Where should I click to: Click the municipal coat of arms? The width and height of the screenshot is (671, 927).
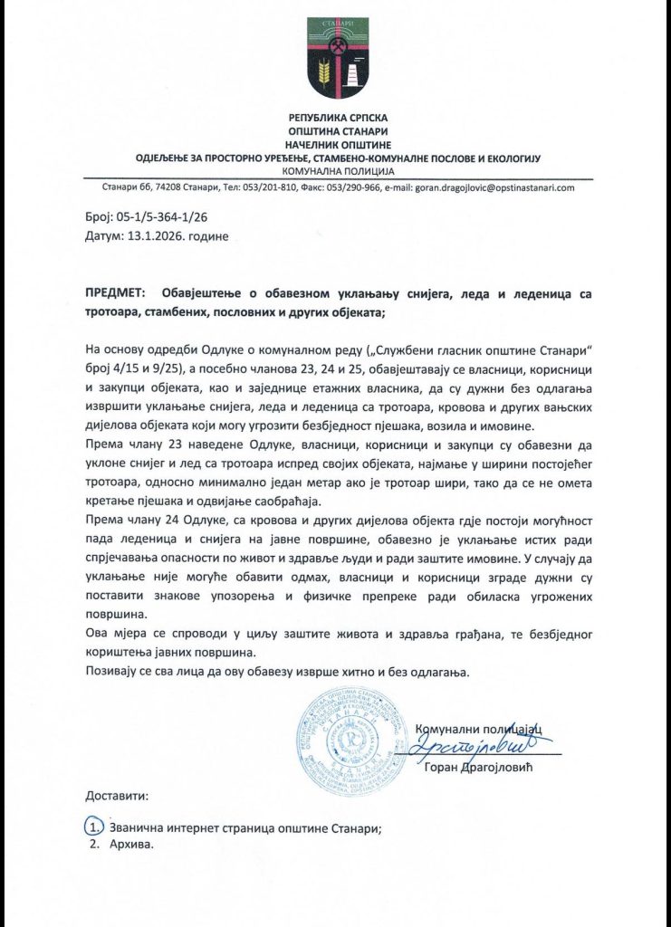(335, 59)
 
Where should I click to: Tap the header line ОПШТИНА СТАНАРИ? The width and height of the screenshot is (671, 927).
(336, 131)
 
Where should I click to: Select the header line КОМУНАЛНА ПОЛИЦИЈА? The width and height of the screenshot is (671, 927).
(336, 170)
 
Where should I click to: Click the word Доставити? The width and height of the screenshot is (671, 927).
(117, 797)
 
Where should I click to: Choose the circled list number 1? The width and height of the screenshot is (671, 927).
(93, 827)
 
